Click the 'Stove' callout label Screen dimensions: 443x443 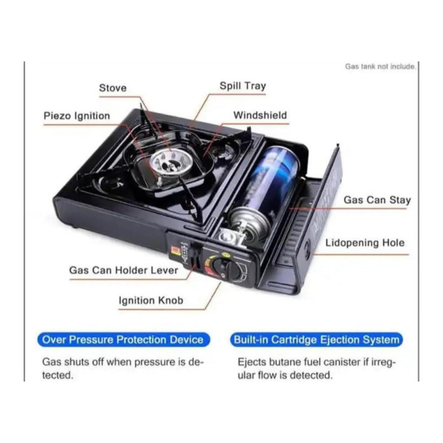click(x=113, y=88)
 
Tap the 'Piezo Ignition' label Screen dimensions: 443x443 click(x=77, y=116)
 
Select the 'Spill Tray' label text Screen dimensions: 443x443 click(x=243, y=86)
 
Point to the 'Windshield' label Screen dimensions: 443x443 click(x=260, y=116)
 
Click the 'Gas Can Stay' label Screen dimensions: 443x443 click(x=377, y=200)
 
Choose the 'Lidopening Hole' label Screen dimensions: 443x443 click(x=365, y=243)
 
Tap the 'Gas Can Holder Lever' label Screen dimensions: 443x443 click(x=123, y=270)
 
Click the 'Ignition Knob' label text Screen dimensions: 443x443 click(x=151, y=300)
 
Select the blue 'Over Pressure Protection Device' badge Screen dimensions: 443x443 click(x=123, y=340)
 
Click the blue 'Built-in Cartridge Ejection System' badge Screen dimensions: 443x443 click(x=317, y=340)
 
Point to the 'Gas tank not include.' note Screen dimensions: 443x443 click(x=380, y=67)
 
